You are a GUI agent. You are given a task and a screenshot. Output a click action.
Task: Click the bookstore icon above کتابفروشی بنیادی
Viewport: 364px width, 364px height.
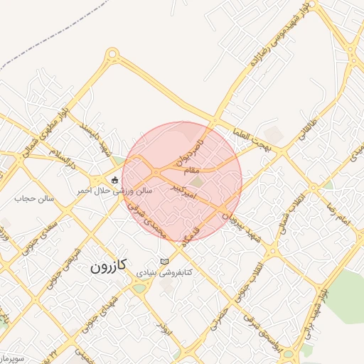pyautogui.click(x=165, y=261)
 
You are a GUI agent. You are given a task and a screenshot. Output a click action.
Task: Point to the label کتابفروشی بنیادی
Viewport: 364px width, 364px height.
pyautogui.click(x=165, y=273)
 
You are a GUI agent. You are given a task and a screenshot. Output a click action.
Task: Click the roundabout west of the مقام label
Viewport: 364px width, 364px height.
pyautogui.click(x=155, y=172)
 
